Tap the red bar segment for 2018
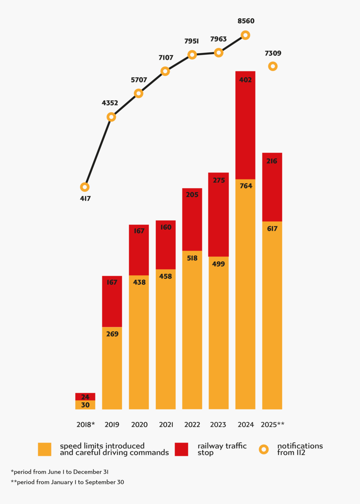click(x=85, y=396)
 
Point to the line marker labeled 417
click(x=85, y=187)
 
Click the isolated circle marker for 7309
click(x=273, y=66)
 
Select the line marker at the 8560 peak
click(x=246, y=35)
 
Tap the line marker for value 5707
click(x=138, y=93)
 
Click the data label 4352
click(x=110, y=103)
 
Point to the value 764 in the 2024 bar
click(x=246, y=186)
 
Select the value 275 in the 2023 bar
click(x=219, y=180)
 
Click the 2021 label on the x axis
click(x=166, y=425)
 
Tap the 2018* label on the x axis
click(x=85, y=425)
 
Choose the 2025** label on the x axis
click(x=273, y=425)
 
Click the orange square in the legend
click(x=44, y=449)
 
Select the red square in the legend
click(x=181, y=449)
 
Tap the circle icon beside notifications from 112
click(x=264, y=449)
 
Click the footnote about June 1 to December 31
click(x=60, y=472)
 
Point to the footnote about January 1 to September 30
click(x=67, y=482)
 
